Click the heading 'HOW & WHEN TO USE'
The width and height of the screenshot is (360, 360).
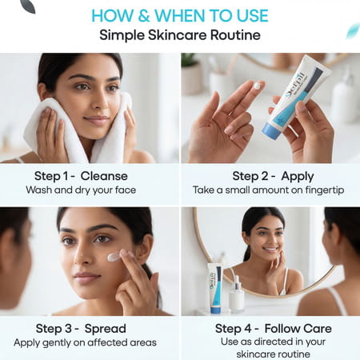click(x=179, y=14)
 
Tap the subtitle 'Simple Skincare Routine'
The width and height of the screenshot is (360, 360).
click(x=179, y=35)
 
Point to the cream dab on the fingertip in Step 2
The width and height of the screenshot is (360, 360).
click(x=257, y=85)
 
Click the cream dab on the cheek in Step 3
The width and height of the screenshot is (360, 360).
click(x=114, y=257)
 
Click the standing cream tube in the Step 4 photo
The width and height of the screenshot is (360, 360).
click(x=215, y=287)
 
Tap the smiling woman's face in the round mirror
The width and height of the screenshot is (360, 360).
click(x=264, y=240)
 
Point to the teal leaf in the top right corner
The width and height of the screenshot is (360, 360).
click(x=351, y=30)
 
